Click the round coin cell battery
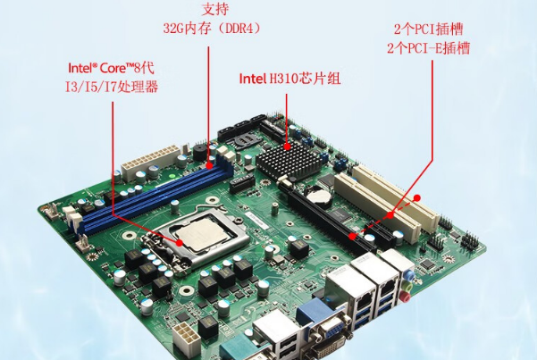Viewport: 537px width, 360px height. tap(318, 196)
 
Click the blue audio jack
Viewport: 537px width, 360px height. tap(407, 274)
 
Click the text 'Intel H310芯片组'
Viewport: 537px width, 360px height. tap(289, 79)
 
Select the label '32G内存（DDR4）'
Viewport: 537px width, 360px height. tap(212, 29)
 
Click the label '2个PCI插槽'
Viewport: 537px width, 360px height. tap(428, 29)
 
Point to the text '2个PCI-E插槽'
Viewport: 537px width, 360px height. tap(428, 48)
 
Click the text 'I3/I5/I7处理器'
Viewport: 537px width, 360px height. tap(112, 87)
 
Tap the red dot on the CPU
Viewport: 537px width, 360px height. tap(180, 243)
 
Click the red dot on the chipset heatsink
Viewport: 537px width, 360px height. tap(288, 147)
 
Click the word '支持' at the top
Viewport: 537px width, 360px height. tap(215, 9)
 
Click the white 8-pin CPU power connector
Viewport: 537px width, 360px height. tap(187, 335)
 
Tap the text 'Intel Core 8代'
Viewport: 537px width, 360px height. tap(112, 68)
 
